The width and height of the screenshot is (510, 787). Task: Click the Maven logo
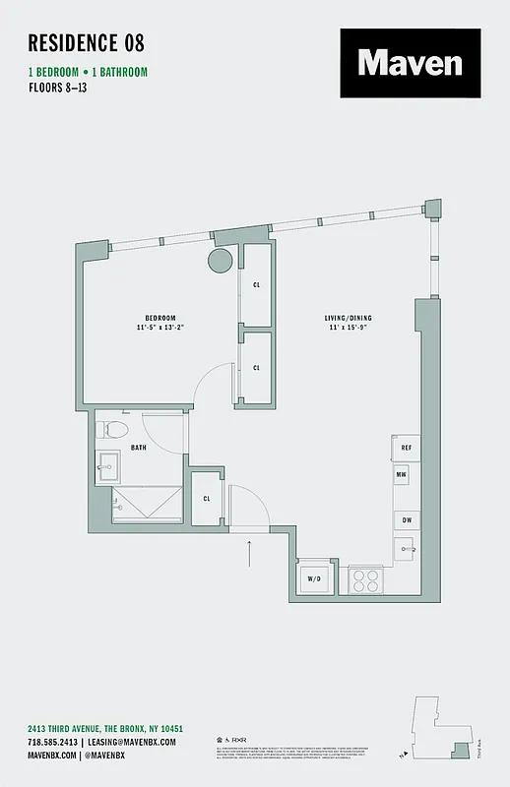[411, 63]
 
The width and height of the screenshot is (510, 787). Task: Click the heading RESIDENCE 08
[87, 42]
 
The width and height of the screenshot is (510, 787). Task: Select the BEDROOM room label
[160, 317]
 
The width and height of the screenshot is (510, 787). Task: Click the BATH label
[139, 447]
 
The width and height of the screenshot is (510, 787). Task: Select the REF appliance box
[405, 448]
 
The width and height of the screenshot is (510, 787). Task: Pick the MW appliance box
[403, 475]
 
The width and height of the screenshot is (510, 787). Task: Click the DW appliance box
[405, 519]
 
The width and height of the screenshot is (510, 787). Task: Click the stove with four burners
[366, 578]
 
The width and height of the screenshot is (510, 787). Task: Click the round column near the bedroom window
[219, 261]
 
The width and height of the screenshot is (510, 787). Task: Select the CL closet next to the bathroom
[208, 497]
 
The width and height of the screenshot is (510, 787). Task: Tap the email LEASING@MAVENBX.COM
[132, 741]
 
